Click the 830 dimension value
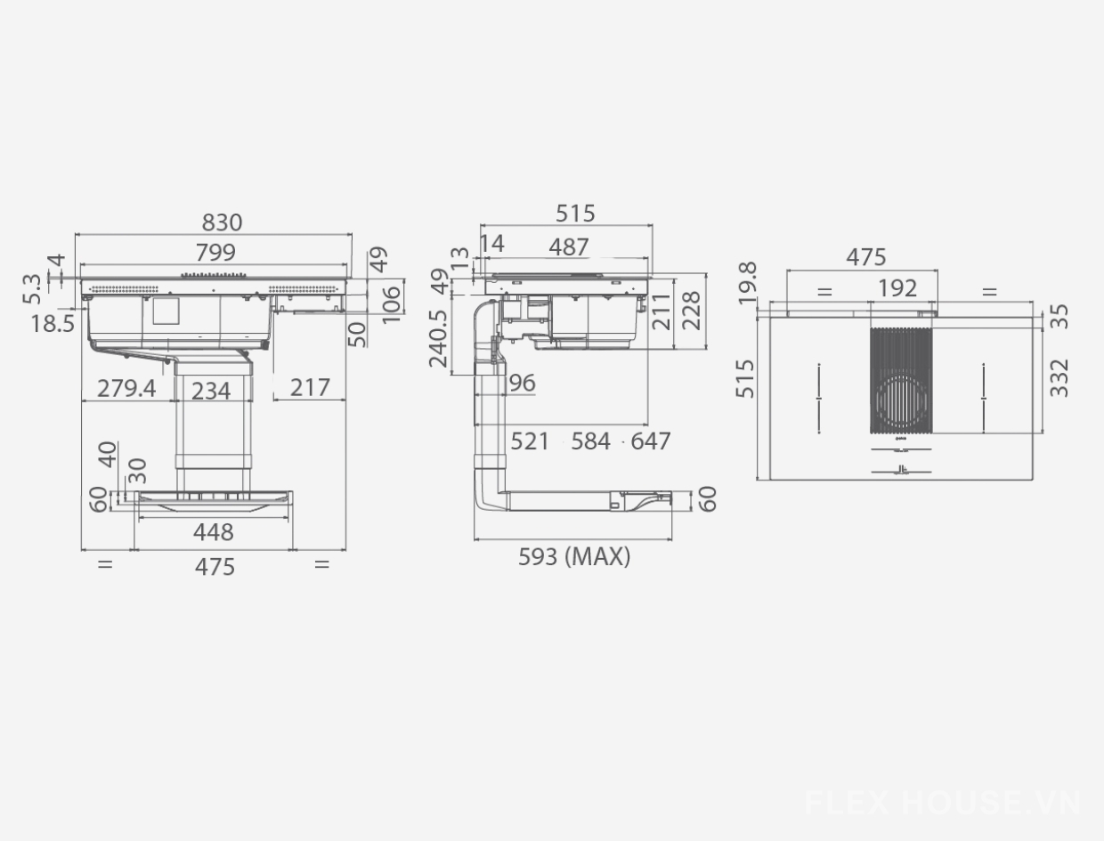tap(222, 222)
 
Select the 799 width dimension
tap(215, 252)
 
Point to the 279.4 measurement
tap(126, 389)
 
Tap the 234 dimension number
tap(211, 391)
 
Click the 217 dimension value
tap(310, 388)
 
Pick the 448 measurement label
tap(214, 532)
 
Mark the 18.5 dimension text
tap(53, 323)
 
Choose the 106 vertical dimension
tap(392, 304)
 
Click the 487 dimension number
tap(568, 247)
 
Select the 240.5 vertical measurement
tap(438, 338)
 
